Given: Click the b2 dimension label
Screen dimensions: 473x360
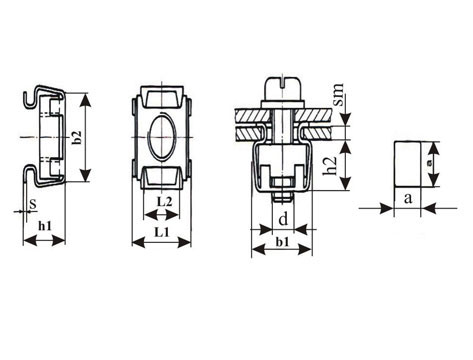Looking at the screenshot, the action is (x=77, y=138).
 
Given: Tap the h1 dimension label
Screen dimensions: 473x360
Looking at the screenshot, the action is (x=45, y=226).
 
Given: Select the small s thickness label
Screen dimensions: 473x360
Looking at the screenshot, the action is (x=32, y=204).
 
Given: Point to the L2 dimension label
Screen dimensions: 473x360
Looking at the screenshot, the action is (x=165, y=202).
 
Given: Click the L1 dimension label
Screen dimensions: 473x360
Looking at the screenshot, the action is (x=162, y=232).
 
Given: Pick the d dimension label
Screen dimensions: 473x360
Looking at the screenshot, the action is (x=283, y=220).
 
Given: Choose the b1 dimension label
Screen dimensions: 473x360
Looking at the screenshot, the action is (x=283, y=242).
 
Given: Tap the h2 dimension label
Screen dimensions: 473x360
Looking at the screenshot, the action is (x=331, y=165).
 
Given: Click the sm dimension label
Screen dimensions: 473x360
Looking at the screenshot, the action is (x=338, y=95).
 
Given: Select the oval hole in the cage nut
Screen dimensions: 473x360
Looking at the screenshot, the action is (x=162, y=137).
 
